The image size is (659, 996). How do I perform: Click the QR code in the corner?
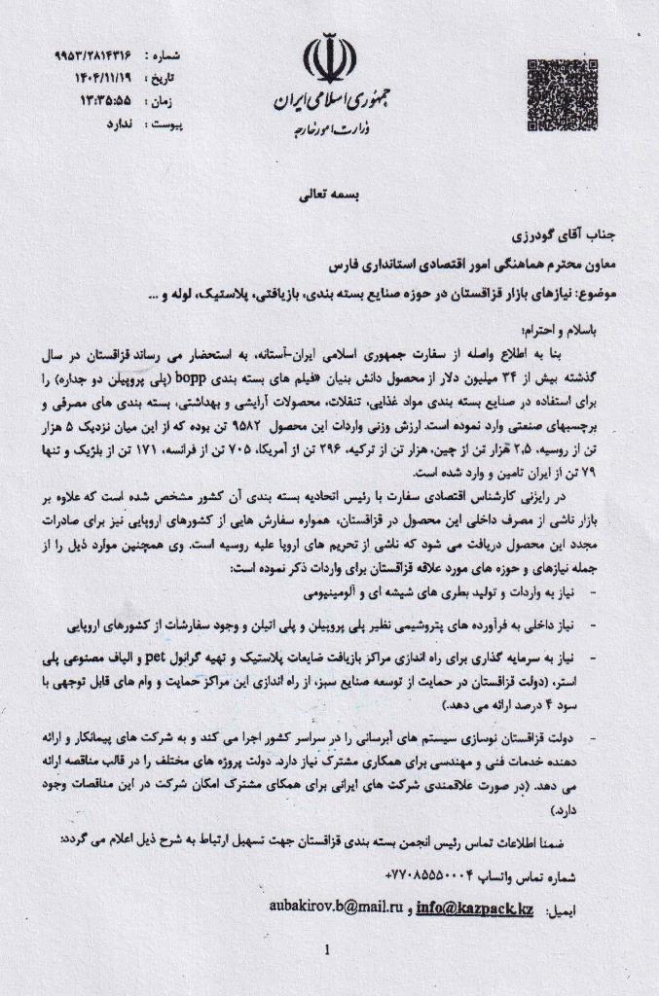[562, 91]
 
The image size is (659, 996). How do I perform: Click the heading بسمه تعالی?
[328, 196]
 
